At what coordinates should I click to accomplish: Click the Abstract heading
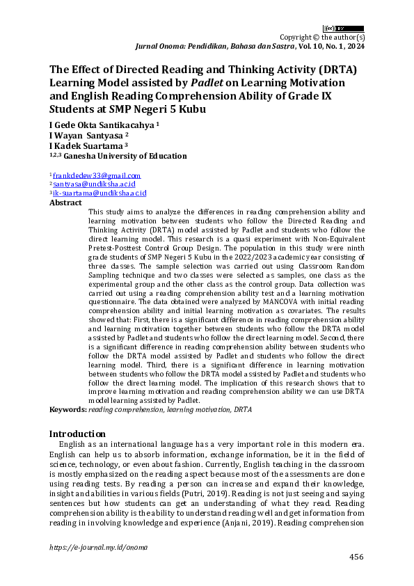[x=65, y=203]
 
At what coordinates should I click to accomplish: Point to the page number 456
[x=356, y=557]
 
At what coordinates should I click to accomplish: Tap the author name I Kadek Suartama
[x=86, y=146]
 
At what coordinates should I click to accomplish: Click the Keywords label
[x=67, y=410]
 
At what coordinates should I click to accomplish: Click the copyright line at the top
[x=322, y=37]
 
